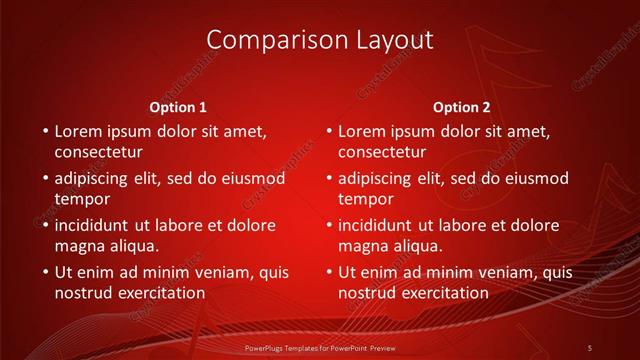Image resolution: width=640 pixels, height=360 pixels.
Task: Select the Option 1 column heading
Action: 178,107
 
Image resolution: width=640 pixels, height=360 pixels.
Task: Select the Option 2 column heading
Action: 461,107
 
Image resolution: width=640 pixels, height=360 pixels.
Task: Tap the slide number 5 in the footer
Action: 589,347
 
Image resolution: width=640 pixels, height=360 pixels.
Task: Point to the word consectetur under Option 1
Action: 98,152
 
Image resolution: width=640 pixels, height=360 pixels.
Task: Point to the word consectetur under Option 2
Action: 382,152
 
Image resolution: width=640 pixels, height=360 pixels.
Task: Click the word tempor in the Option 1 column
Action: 82,199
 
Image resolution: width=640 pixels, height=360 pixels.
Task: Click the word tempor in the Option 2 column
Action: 366,199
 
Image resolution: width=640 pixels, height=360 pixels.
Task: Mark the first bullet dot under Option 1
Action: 44,131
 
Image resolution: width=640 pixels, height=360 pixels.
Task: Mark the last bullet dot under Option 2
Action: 328,272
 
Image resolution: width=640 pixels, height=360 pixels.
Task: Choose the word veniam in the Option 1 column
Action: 228,272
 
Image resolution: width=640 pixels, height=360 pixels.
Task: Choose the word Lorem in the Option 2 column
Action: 362,131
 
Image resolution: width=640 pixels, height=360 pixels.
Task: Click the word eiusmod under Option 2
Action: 535,178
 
